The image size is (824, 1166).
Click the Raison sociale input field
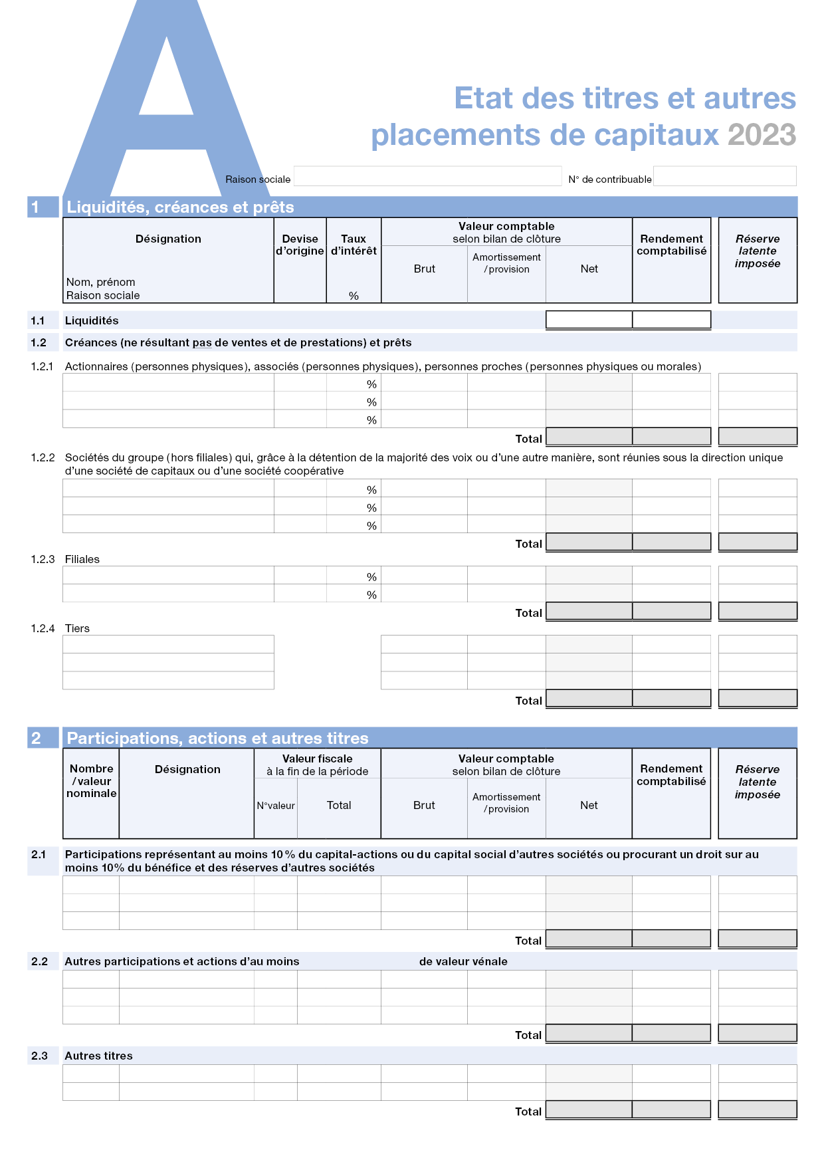427,176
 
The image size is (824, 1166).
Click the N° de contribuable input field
724,176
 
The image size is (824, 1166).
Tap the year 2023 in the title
762,135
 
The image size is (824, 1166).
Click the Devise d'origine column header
300,245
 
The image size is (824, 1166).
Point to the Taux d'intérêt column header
354,245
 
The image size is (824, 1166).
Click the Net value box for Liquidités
589,320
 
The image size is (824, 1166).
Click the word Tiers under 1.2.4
77,628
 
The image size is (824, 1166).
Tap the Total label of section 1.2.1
528,439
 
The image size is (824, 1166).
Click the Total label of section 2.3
528,1111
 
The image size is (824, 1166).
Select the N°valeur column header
276,806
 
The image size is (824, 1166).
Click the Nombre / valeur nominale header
91,781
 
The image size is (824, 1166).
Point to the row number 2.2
39,961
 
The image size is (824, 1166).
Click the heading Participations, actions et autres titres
217,738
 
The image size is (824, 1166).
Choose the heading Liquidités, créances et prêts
180,207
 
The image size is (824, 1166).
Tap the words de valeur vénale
463,961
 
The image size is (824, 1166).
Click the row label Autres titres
98,1056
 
